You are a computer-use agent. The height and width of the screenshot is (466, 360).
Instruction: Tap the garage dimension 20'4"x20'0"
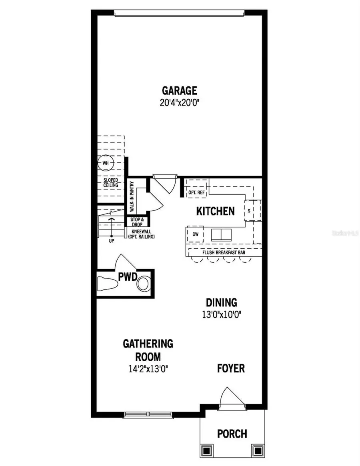pyautogui.click(x=179, y=102)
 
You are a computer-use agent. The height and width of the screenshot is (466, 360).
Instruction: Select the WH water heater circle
pyautogui.click(x=106, y=163)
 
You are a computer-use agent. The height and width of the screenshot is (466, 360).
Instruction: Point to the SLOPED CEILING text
pyautogui.click(x=111, y=183)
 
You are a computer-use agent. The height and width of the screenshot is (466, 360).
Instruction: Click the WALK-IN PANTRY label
pyautogui.click(x=131, y=197)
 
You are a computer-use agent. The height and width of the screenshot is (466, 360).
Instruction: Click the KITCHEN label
pyautogui.click(x=215, y=211)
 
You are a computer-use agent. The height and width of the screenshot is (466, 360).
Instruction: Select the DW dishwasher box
pyautogui.click(x=196, y=234)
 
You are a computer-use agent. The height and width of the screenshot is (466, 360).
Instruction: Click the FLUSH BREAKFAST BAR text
pyautogui.click(x=224, y=253)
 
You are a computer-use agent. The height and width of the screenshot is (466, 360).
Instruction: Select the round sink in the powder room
pyautogui.click(x=143, y=284)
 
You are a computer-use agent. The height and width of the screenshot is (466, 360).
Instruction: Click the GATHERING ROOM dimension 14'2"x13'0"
pyautogui.click(x=148, y=368)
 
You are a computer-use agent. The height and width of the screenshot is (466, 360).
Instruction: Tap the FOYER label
pyautogui.click(x=231, y=368)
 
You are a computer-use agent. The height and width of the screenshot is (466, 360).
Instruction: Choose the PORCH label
pyautogui.click(x=232, y=434)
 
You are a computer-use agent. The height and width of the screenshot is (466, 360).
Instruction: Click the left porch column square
pyautogui.click(x=206, y=450)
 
